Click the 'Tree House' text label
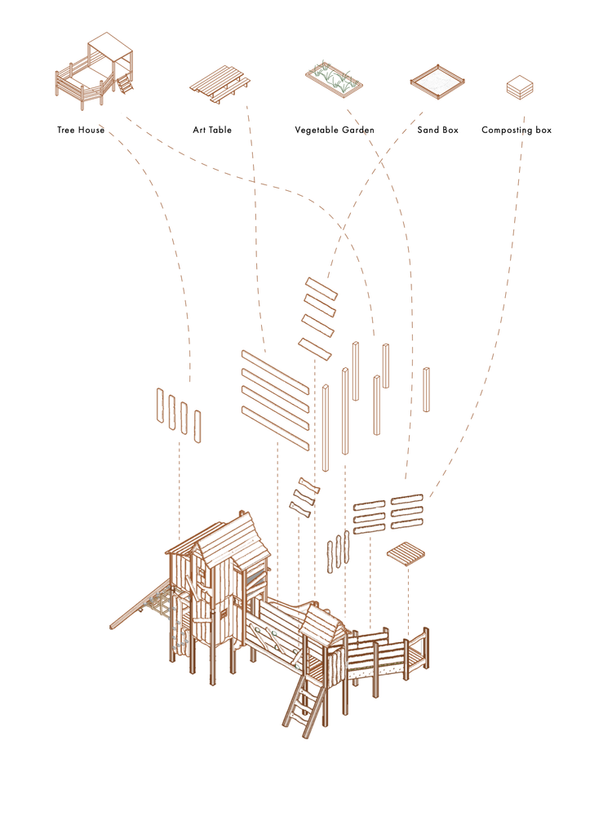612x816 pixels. click(81, 130)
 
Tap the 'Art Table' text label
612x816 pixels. click(211, 130)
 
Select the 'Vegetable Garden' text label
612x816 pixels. click(335, 130)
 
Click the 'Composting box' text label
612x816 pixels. click(517, 130)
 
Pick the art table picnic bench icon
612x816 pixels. click(218, 85)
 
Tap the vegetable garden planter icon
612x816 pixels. click(335, 79)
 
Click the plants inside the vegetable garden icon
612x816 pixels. click(335, 76)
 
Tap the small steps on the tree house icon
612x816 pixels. click(125, 83)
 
